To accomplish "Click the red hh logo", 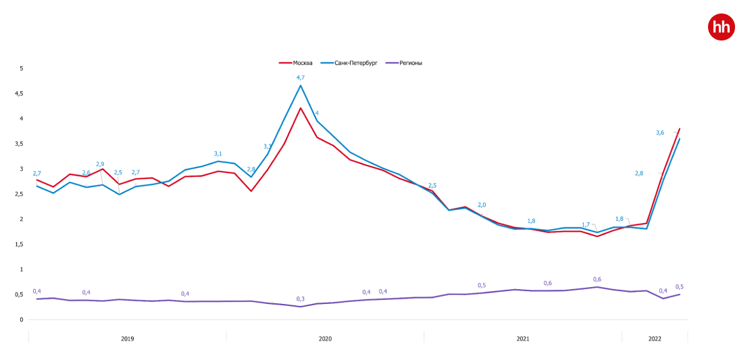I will [721, 28].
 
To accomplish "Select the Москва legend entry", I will [297, 63].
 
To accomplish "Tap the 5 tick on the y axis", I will [21, 68].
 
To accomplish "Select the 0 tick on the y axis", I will [21, 319].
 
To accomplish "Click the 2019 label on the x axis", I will [127, 338].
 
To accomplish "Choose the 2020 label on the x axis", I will [325, 338].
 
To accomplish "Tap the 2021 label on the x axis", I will [523, 338].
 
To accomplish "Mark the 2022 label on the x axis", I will [655, 338].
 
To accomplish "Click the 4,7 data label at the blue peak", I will [301, 78].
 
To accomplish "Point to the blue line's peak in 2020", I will [301, 85].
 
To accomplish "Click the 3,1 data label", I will [218, 153].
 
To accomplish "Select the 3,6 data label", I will [660, 132].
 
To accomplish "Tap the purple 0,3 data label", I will [301, 299].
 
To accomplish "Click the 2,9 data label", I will [100, 164].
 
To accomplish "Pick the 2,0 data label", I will [482, 205].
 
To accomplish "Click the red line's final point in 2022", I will [680, 128].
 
